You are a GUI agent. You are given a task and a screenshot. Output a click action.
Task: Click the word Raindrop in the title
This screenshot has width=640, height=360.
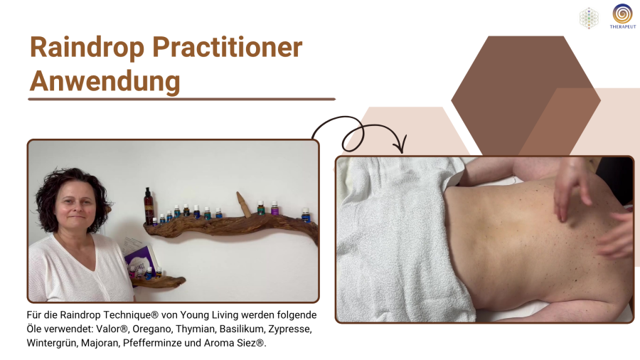pos(87,48)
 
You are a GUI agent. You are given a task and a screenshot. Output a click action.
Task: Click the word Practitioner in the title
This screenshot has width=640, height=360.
pos(228,48)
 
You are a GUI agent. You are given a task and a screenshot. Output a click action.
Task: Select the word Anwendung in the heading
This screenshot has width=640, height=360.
pos(105,82)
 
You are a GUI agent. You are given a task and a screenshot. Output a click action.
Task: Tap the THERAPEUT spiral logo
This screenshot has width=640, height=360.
pos(622,16)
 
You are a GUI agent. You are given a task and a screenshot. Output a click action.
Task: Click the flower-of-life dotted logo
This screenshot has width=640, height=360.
pos(589,18)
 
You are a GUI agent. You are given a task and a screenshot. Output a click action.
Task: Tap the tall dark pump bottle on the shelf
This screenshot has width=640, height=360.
pos(148,206)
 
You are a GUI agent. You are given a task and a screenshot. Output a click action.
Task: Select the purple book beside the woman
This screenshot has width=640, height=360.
pos(139,262)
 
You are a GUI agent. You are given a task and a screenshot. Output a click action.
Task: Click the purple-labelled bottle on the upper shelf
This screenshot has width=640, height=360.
pos(274,208)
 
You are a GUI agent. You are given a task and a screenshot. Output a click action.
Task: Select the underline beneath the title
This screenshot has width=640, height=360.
pos(181,99)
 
